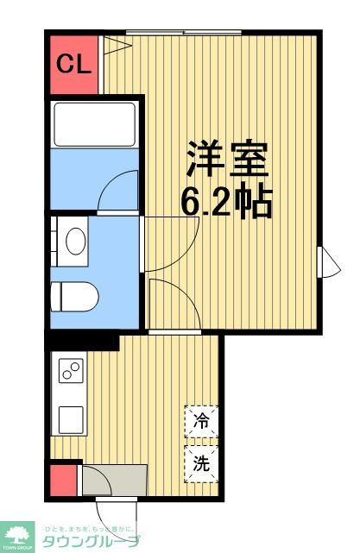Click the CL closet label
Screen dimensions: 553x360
point(73,65)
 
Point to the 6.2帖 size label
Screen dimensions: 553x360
point(227,203)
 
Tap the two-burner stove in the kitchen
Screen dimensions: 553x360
point(70,372)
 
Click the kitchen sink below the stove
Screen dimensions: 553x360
point(70,420)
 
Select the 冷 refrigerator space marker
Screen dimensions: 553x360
point(201,422)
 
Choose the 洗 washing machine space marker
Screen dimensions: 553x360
point(201,463)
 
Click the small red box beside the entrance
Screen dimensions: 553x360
point(63,480)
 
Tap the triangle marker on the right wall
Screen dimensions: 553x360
point(326,261)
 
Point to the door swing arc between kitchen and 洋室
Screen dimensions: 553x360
point(173,302)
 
